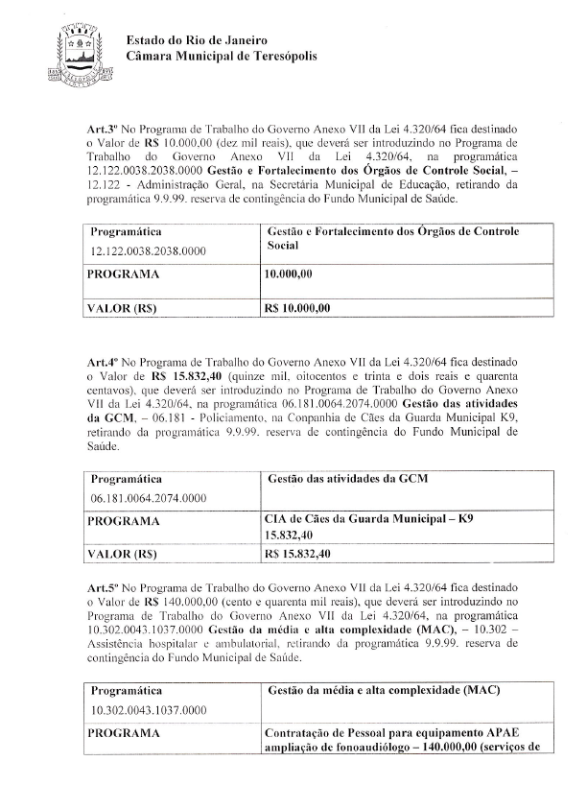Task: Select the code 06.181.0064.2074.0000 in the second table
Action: pyautogui.click(x=149, y=499)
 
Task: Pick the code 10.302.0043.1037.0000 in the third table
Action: pyautogui.click(x=149, y=711)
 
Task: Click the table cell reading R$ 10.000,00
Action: pyautogui.click(x=296, y=308)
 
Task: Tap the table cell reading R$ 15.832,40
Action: pyautogui.click(x=296, y=554)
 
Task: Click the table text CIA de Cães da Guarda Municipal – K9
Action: pyautogui.click(x=367, y=519)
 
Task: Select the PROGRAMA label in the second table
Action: pyautogui.click(x=123, y=520)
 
